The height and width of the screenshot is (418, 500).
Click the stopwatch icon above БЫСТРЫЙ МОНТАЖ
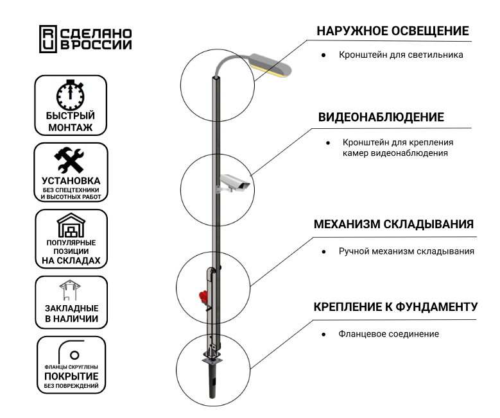point(71,95)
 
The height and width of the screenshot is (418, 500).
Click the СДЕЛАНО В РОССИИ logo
point(85,38)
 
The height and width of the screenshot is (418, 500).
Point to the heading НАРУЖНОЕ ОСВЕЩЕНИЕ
point(392,31)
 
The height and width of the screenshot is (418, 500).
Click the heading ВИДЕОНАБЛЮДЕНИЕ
point(381,117)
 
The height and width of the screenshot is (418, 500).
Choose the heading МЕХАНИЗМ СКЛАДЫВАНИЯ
point(393,224)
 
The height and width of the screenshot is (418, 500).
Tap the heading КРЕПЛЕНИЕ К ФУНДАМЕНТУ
point(395,306)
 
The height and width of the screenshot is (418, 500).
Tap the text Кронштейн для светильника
point(401,55)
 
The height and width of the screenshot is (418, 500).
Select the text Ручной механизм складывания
point(406,251)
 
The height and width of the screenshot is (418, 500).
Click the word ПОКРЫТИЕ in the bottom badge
point(71,376)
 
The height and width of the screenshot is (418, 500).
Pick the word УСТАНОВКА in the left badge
point(71,181)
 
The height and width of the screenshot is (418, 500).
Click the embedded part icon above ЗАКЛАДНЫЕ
point(70,290)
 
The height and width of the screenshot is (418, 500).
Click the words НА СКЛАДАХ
point(71,261)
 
